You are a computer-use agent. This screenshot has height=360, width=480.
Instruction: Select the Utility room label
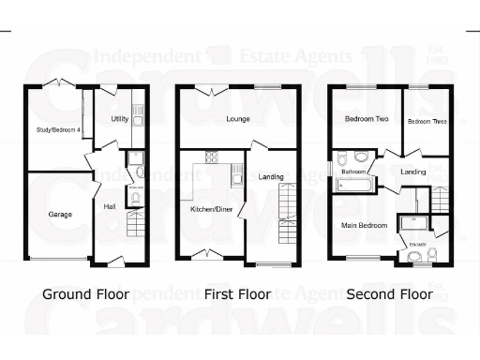[119, 119]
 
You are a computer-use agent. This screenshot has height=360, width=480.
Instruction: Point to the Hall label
[110, 206]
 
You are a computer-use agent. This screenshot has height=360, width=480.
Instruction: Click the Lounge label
[236, 119]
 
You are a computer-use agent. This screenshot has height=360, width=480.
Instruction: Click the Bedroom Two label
[361, 119]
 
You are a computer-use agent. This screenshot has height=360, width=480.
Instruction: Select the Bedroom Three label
[425, 121]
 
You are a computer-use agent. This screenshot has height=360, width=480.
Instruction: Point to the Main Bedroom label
[364, 225]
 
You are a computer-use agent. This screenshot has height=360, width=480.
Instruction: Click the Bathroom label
[352, 172]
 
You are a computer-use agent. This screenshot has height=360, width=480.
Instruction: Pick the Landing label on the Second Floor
[412, 172]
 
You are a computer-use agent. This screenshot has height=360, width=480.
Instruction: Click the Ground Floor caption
[85, 294]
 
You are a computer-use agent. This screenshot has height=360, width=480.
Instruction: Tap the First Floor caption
[237, 294]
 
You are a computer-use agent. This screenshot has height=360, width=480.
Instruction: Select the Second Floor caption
[390, 294]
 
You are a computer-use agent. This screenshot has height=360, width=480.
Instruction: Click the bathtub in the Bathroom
[353, 186]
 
